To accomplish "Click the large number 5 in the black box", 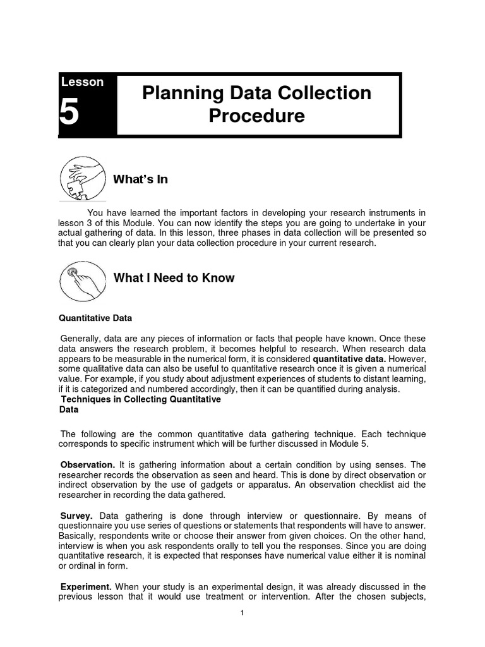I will coord(70,114).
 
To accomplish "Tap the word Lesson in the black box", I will coord(82,82).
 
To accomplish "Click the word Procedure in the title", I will coord(256,116).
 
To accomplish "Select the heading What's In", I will coord(140,179).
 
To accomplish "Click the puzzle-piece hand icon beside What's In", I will coord(83,179).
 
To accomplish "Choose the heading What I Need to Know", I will coord(174,278).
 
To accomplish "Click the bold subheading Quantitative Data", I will coord(95,318).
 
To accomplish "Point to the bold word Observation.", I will coord(87,465).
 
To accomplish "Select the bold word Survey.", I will coord(76,516).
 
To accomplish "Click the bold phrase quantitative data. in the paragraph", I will coord(349,358).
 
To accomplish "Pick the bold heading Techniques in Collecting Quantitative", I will coord(140,399).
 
